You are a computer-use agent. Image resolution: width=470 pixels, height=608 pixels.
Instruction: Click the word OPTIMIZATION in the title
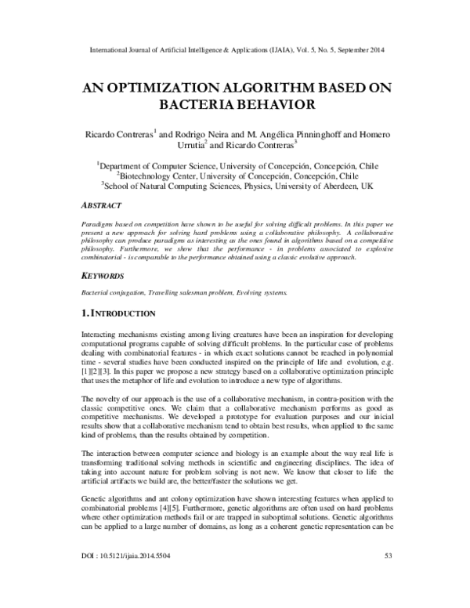pos(174,86)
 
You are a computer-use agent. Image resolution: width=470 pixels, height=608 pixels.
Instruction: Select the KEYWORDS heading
pos(106,277)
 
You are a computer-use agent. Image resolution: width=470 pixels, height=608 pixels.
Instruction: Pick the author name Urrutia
pos(233,144)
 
